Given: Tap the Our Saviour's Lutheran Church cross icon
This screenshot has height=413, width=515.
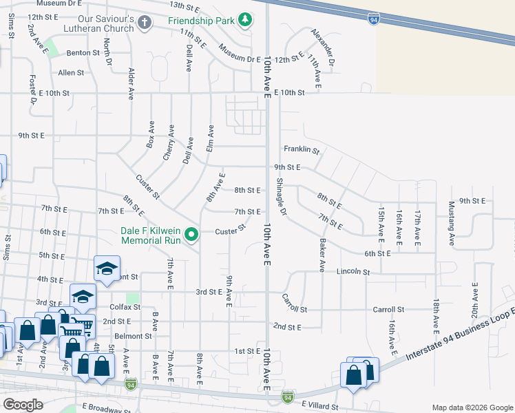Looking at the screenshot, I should coord(144,23).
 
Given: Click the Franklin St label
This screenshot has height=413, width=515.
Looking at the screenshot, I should coord(302,149).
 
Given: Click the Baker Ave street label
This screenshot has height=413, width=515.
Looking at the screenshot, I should coord(322,255).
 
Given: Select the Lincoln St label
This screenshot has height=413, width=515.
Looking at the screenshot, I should coord(353,272).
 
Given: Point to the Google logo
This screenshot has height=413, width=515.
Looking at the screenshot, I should coord(23,405).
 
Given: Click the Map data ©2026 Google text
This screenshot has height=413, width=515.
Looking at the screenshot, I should coord(472,407).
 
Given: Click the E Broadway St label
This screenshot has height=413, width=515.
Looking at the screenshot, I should coord(104,407).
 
